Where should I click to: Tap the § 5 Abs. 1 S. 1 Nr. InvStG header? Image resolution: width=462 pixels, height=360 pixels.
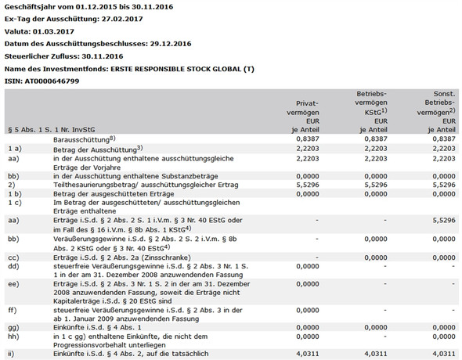tap(52, 128)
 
